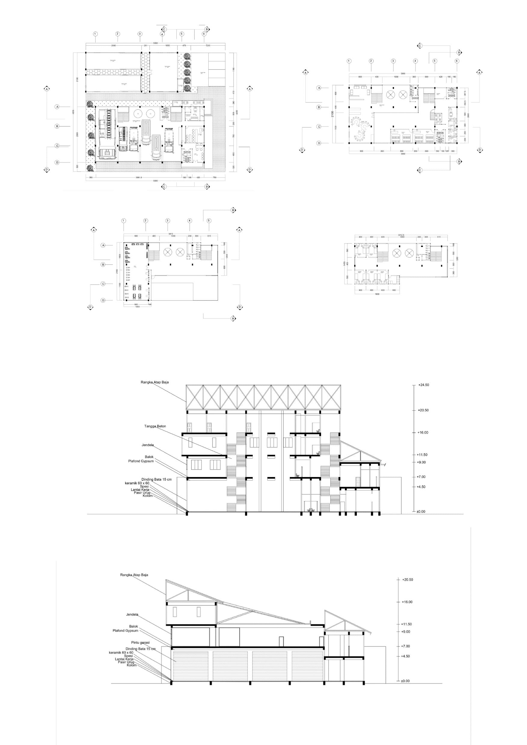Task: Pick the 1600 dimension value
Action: [377, 294]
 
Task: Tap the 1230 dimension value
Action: [208, 46]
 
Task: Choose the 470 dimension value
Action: [183, 46]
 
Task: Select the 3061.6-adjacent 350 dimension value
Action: [90, 178]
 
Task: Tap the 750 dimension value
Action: [214, 178]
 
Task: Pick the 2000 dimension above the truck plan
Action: [113, 46]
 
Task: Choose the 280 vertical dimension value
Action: [233, 103]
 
